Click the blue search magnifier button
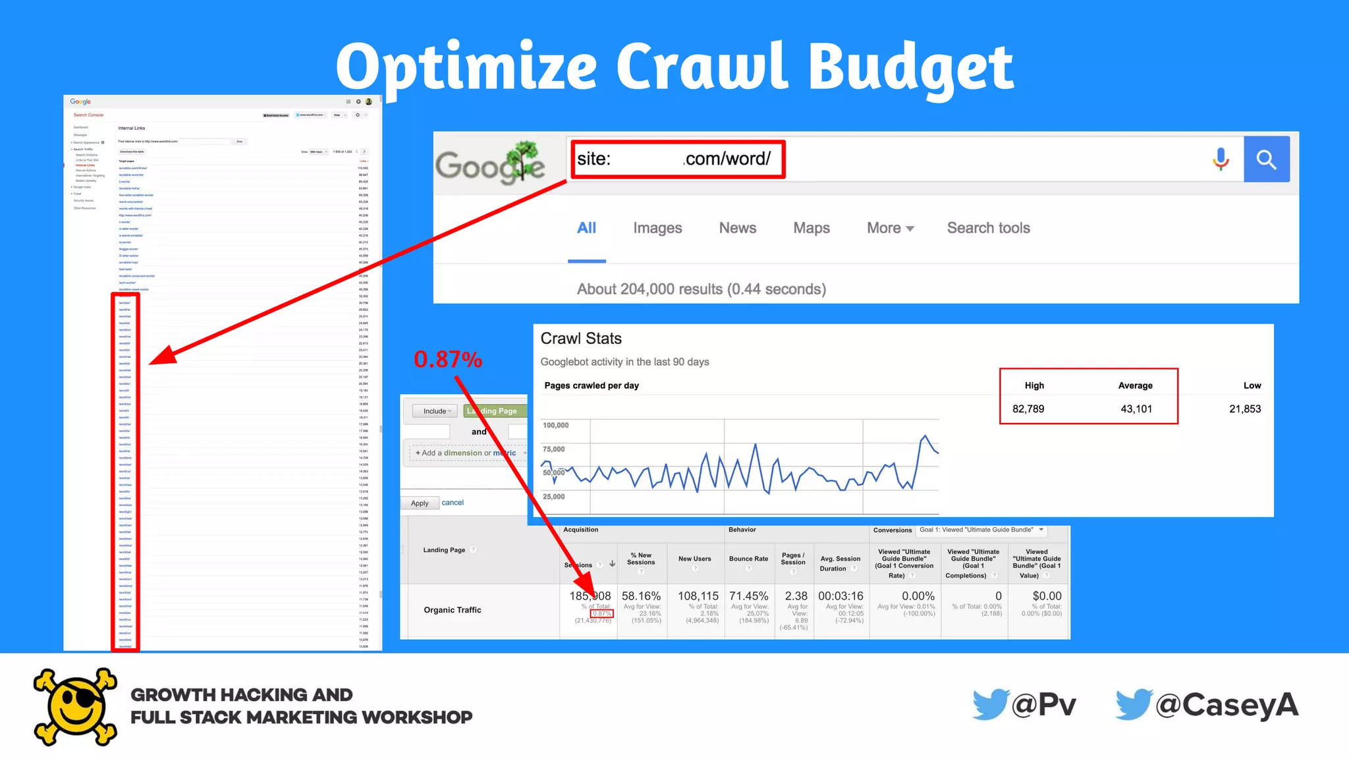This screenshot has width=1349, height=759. [1266, 159]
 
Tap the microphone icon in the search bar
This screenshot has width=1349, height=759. [1221, 159]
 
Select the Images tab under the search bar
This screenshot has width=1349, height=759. [657, 228]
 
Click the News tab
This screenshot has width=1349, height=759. [737, 228]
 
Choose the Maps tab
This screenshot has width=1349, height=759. [811, 228]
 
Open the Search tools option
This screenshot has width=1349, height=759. [988, 228]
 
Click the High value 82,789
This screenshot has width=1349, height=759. [1028, 408]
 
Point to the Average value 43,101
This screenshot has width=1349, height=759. [1136, 408]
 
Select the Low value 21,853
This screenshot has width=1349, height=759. [1244, 408]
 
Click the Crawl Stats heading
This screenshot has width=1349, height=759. [581, 339]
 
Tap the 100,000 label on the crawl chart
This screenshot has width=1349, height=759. [555, 426]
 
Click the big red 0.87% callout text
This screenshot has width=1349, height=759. [448, 360]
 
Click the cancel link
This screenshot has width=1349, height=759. [453, 503]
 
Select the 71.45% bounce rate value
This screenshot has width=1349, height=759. [748, 596]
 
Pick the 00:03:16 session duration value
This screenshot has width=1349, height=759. [840, 596]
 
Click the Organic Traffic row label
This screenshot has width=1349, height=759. [453, 610]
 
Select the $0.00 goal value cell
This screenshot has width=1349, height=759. [1047, 596]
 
